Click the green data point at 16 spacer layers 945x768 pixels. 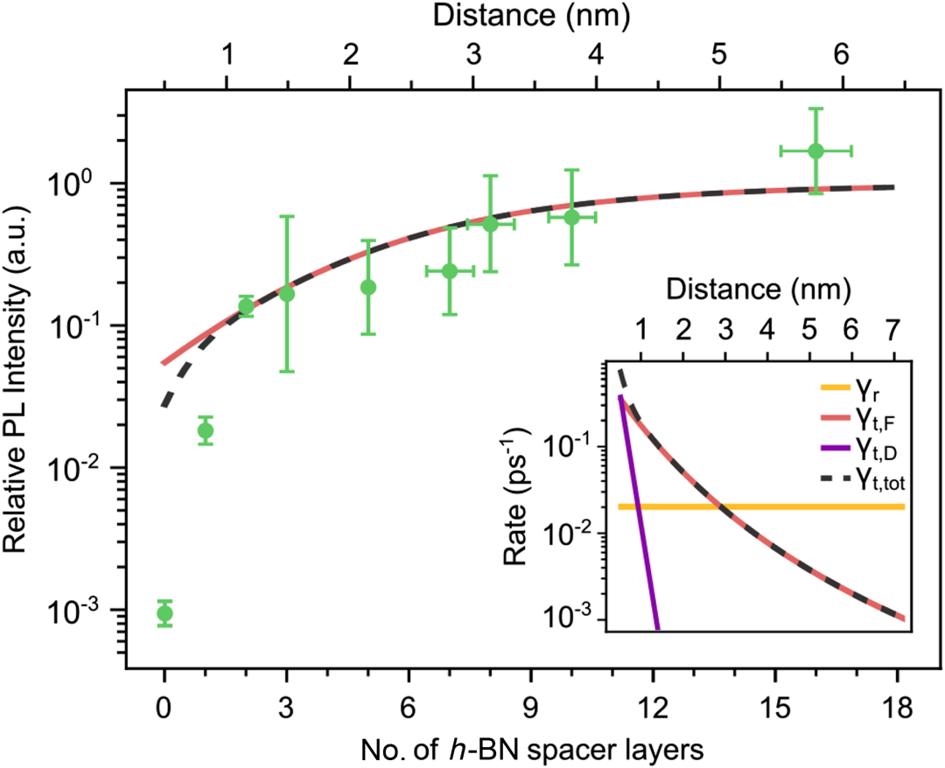(815, 150)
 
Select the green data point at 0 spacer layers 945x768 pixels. (164, 613)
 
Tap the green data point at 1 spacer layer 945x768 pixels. (205, 430)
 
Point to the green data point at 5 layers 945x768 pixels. (368, 287)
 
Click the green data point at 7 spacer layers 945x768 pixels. (449, 271)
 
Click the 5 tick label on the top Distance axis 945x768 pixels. (718, 55)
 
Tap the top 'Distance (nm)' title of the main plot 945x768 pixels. (532, 16)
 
